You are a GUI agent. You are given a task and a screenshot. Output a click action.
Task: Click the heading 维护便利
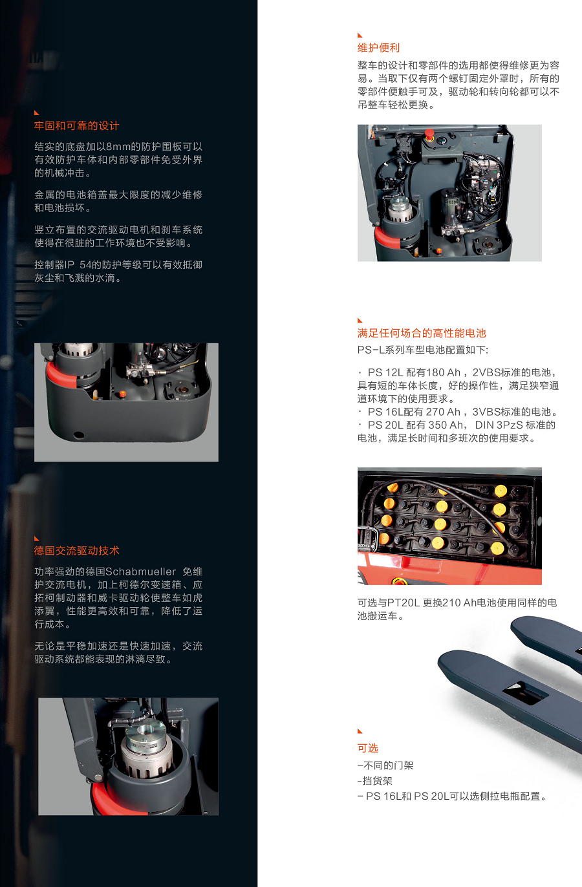[378, 48]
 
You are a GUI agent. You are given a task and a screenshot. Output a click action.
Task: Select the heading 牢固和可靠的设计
[76, 126]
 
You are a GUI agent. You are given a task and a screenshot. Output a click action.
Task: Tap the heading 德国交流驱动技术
[76, 551]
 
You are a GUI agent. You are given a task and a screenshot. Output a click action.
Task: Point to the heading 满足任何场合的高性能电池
[422, 333]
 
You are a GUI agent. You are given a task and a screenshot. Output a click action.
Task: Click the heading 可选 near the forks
[368, 748]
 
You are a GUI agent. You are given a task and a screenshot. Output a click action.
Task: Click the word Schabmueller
[140, 572]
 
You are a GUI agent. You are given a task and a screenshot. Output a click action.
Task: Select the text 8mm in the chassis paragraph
[118, 147]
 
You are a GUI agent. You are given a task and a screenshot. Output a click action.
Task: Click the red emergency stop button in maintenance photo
[429, 133]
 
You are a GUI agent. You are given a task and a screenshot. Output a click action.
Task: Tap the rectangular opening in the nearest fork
[525, 692]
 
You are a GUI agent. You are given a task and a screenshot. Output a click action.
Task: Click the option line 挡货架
[375, 780]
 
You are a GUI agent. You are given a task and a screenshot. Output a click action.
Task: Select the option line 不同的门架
[385, 765]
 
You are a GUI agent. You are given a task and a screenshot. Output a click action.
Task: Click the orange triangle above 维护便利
[360, 36]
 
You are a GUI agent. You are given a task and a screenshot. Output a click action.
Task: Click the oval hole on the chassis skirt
[79, 435]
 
